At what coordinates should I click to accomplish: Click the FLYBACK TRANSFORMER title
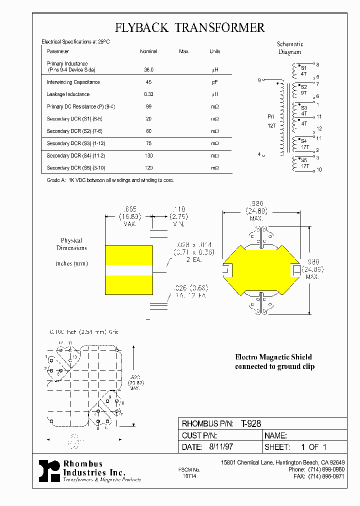point(190,27)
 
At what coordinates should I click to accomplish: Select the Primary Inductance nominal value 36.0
point(149,70)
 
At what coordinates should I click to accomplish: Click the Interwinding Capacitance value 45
point(149,82)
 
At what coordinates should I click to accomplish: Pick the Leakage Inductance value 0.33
point(149,94)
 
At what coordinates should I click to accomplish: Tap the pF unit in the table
point(214,82)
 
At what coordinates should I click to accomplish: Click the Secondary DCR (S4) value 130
point(149,155)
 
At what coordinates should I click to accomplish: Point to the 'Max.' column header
point(184,51)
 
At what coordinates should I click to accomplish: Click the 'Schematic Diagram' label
point(290,48)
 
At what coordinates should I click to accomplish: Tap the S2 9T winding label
point(304,89)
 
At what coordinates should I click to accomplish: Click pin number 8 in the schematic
point(317,65)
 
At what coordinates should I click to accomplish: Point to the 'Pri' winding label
point(271,116)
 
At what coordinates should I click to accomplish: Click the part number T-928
point(251,423)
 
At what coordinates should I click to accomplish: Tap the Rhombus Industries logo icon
point(49,471)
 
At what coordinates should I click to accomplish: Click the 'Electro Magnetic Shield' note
point(273,357)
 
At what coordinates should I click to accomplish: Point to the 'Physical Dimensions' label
point(71,244)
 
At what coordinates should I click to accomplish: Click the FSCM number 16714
point(189,477)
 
